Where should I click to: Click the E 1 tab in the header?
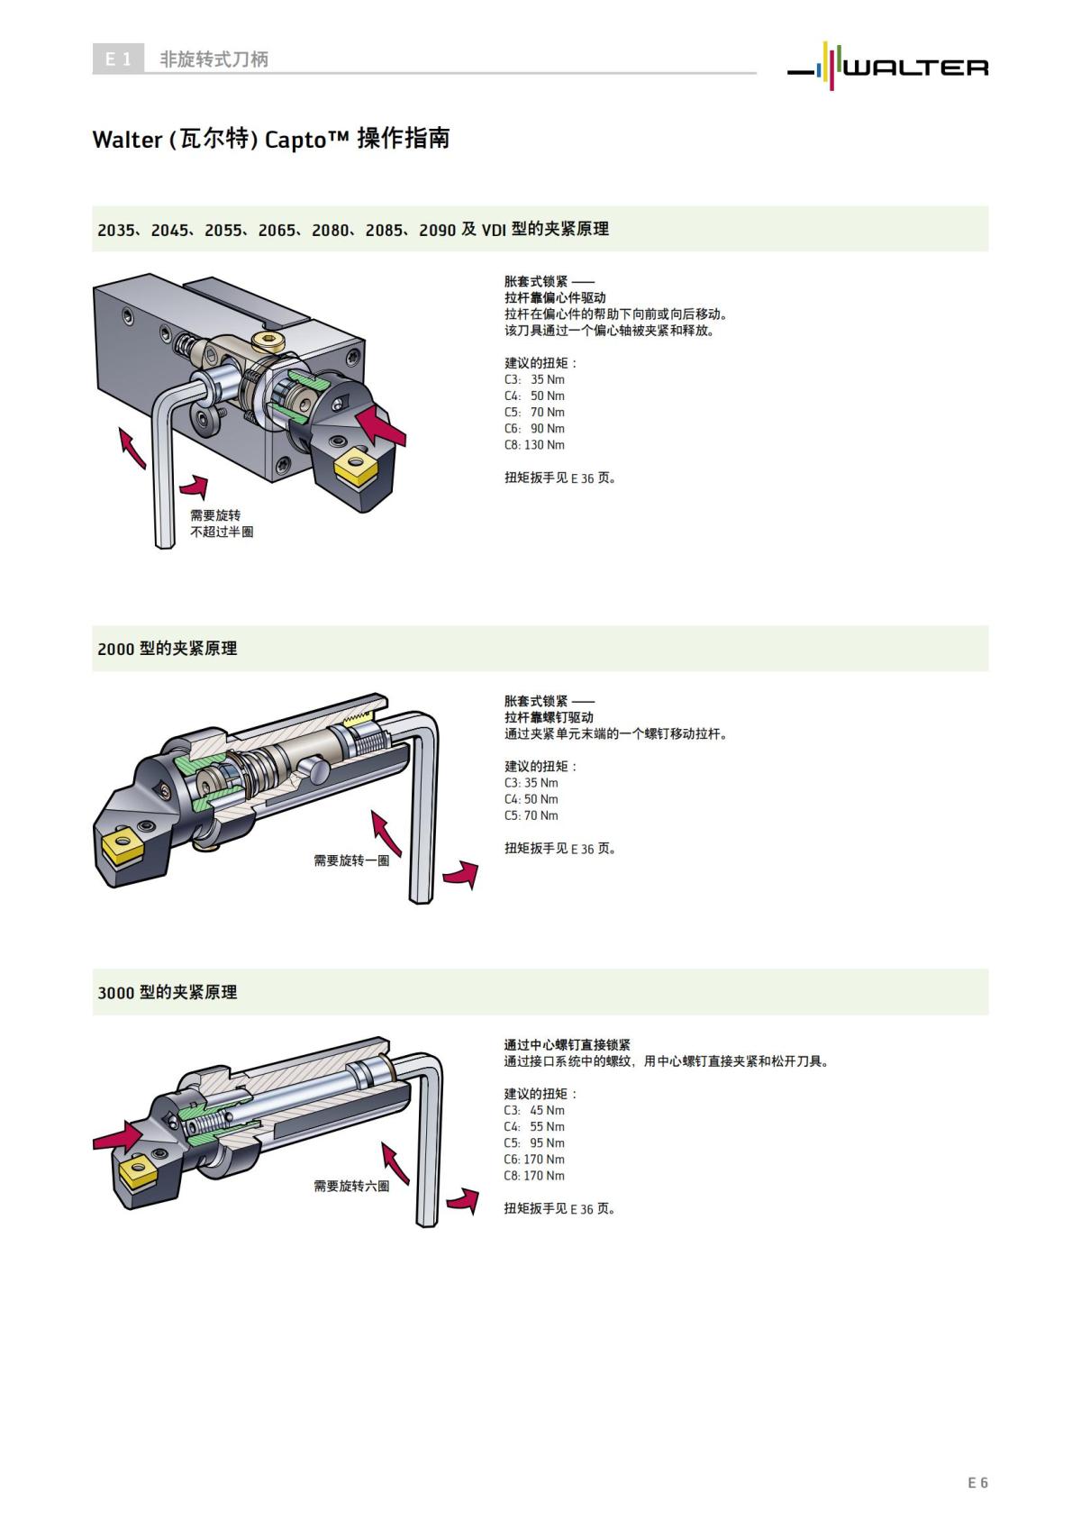tap(118, 59)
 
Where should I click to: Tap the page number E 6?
tap(977, 1482)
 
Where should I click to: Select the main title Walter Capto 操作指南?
tap(270, 139)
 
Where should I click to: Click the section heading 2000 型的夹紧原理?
tap(168, 649)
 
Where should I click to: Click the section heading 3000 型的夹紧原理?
tap(168, 992)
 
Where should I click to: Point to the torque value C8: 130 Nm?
tap(534, 445)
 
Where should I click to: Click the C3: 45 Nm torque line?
tap(534, 1110)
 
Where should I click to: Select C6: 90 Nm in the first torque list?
tap(534, 429)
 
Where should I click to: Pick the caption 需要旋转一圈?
tap(351, 860)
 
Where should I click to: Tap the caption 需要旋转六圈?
tap(351, 1186)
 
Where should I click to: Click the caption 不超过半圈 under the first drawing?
tap(222, 532)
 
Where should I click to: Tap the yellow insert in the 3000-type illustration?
tap(135, 1172)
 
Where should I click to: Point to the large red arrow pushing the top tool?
tap(382, 424)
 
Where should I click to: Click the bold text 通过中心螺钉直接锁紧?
tap(567, 1045)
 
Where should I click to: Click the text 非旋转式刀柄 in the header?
tap(213, 59)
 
